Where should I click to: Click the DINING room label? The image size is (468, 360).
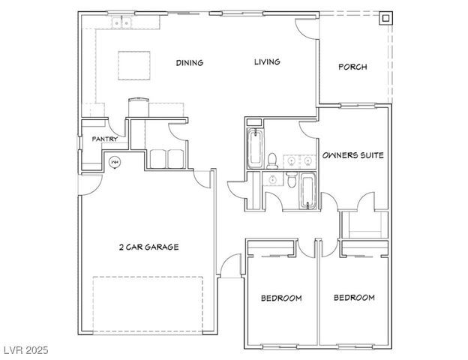coord(189,63)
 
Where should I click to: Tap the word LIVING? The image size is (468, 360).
coord(266,62)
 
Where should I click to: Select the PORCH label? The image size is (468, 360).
coord(352,67)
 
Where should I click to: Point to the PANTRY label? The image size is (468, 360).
coord(104,139)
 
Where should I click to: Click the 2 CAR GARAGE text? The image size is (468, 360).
coord(148,247)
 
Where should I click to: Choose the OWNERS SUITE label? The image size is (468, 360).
coord(352,156)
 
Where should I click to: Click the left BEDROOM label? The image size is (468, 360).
coord(281,298)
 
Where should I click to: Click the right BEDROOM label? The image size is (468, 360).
coord(354,298)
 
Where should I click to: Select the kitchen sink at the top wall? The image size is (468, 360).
coord(121,24)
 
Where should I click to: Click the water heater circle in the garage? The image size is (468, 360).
coord(115,161)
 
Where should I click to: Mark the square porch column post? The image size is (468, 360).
coord(385,18)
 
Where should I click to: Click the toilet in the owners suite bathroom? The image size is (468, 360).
coord(273,159)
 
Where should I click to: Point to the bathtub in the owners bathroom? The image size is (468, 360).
coord(253,147)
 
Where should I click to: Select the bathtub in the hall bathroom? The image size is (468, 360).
coord(307,190)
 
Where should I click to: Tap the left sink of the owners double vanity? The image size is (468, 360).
coord(290,160)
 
